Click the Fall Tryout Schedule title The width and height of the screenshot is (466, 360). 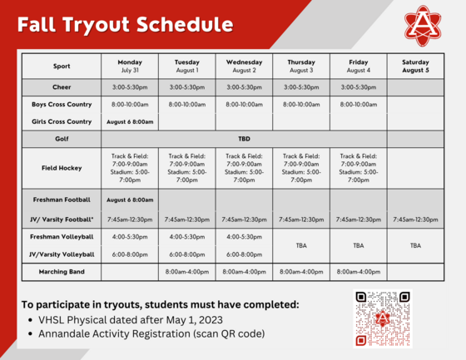tap(125, 24)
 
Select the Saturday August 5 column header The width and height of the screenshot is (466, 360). tap(415, 66)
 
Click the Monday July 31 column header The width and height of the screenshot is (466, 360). tap(130, 66)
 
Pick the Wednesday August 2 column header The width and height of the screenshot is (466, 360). tap(244, 66)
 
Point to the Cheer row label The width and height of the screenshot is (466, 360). tap(62, 86)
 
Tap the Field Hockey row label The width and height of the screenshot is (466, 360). tap(62, 167)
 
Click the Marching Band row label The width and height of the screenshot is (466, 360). tap(62, 271)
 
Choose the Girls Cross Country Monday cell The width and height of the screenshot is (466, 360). tap(130, 121)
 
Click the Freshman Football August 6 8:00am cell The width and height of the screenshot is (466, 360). tap(130, 200)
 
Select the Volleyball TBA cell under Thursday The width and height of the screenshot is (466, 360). tap(301, 246)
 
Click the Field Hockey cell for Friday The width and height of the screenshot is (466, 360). tap(358, 167)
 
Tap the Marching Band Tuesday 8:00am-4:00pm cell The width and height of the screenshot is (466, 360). tap(187, 271)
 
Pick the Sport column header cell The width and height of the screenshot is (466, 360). tap(62, 66)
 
